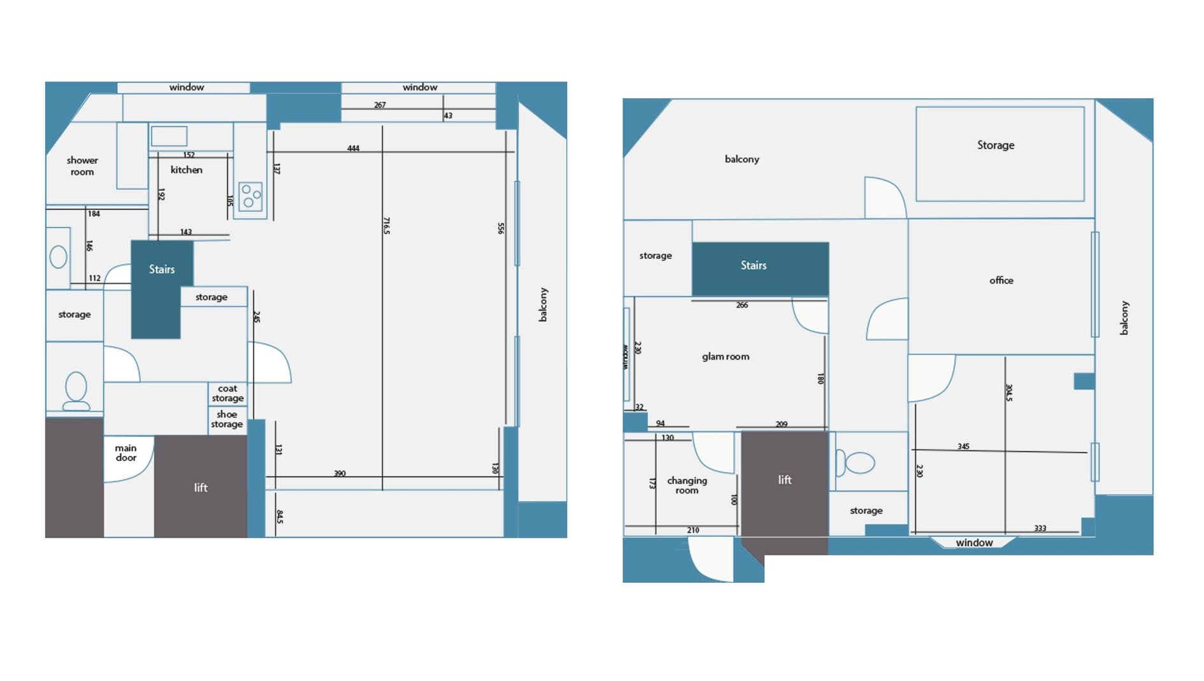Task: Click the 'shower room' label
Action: click(x=82, y=166)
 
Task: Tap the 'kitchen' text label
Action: click(x=186, y=170)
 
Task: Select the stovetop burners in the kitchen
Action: click(x=250, y=196)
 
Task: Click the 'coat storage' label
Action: click(x=227, y=393)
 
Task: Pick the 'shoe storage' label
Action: click(x=227, y=419)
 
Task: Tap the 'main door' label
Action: click(x=125, y=453)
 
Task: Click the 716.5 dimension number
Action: click(x=386, y=225)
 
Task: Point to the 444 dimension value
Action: click(x=353, y=148)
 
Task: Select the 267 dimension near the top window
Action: click(x=380, y=105)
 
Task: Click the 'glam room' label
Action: click(x=726, y=356)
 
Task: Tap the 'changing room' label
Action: click(x=687, y=485)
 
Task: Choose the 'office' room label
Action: click(x=1001, y=280)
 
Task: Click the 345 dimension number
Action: click(x=963, y=446)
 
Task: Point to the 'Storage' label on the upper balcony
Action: click(x=996, y=145)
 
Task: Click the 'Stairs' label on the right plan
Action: click(x=753, y=265)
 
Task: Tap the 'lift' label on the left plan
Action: click(x=201, y=488)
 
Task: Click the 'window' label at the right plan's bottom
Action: click(x=974, y=543)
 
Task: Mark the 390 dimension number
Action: click(x=340, y=473)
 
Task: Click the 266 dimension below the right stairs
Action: click(x=742, y=305)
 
